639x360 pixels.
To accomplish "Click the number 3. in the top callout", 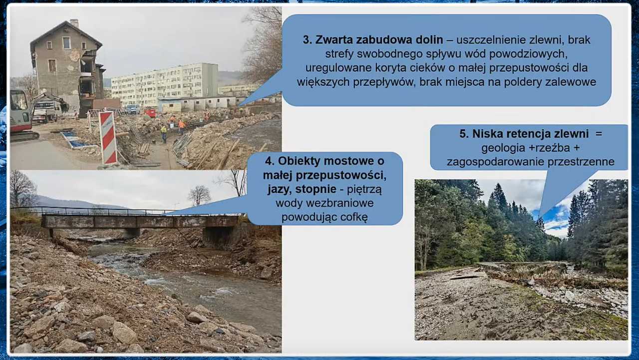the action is [308, 40].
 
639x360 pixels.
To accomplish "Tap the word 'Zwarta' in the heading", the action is [332, 40].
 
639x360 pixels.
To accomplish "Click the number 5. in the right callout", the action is [464, 134].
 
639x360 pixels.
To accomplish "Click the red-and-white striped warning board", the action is [108, 138].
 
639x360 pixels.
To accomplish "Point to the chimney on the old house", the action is [74, 23].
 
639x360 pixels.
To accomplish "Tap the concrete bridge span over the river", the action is [140, 221].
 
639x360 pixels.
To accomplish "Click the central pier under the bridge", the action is [132, 233].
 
